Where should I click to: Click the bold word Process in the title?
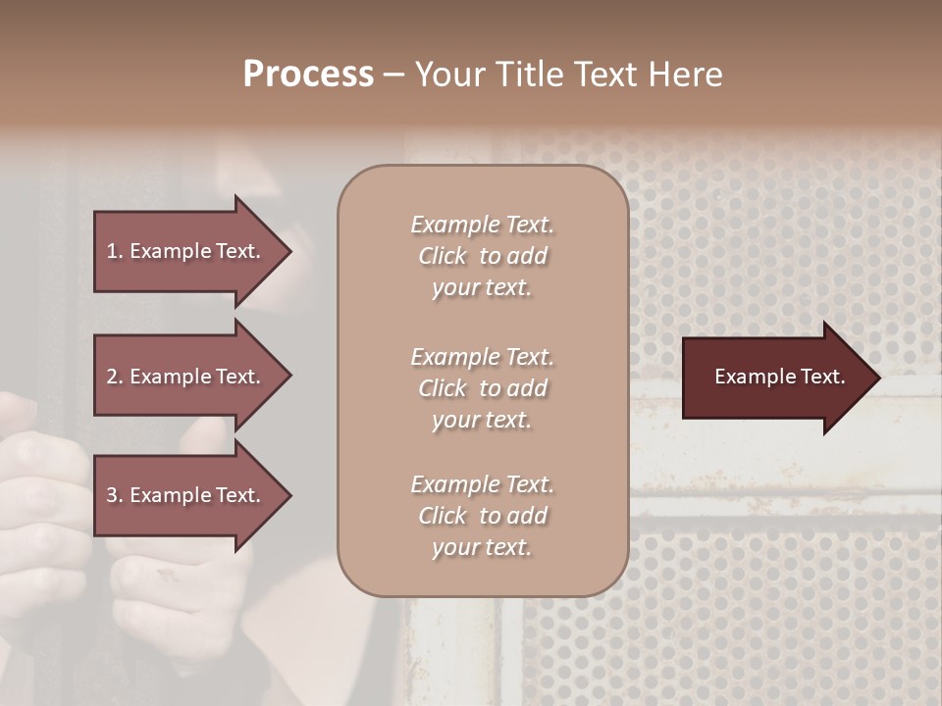click(x=308, y=75)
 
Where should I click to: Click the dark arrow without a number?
click(x=775, y=377)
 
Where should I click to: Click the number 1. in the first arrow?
click(x=115, y=251)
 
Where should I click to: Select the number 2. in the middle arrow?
click(x=115, y=377)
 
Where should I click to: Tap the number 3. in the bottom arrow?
click(x=115, y=495)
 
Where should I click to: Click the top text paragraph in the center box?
click(x=482, y=256)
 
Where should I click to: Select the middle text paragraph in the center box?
click(x=482, y=388)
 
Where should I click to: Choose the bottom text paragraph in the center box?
click(x=482, y=516)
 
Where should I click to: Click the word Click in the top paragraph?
click(x=443, y=256)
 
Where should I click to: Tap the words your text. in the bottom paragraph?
click(x=482, y=547)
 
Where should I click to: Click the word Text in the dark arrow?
click(x=822, y=377)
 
